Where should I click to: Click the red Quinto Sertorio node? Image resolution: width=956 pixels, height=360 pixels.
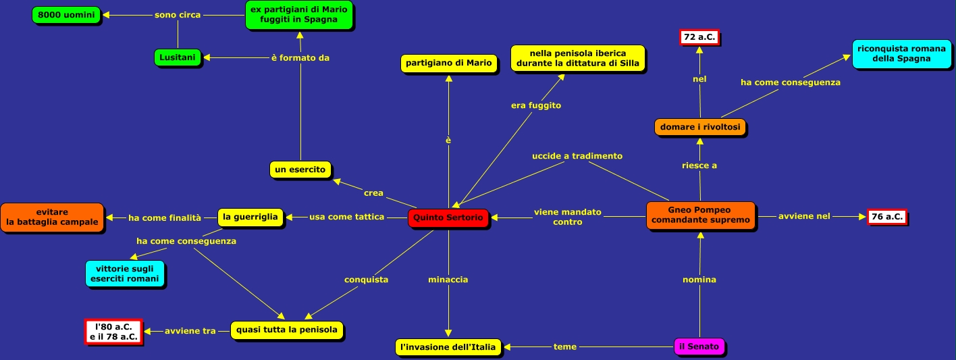point(448,217)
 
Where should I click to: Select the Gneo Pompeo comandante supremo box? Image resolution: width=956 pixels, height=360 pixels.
point(700,215)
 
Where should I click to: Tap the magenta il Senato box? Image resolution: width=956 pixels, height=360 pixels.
point(700,347)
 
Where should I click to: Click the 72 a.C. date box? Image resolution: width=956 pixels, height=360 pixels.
point(699,37)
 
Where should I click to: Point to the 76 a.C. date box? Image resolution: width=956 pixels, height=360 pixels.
point(886,217)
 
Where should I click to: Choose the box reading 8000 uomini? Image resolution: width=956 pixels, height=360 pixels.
point(66,15)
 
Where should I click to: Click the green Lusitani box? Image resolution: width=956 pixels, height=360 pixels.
point(178,57)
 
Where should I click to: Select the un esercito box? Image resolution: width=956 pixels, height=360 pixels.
point(300,169)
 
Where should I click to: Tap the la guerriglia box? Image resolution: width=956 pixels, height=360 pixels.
point(250,217)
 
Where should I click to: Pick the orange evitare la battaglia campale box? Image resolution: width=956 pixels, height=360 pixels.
point(52,217)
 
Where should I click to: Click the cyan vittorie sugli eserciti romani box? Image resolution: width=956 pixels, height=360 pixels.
point(125,274)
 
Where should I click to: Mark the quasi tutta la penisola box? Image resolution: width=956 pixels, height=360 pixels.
point(287,330)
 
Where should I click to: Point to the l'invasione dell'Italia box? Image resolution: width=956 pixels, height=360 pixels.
point(448,347)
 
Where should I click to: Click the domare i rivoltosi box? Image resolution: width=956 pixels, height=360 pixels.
point(700,126)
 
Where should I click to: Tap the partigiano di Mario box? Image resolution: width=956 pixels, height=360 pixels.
point(448,63)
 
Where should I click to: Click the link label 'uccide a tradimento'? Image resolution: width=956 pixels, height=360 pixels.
point(577,156)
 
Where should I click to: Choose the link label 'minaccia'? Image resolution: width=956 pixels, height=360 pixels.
point(448,279)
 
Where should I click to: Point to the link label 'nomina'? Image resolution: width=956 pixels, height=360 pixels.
point(700,279)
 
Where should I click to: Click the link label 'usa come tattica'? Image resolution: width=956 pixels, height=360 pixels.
point(346,217)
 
